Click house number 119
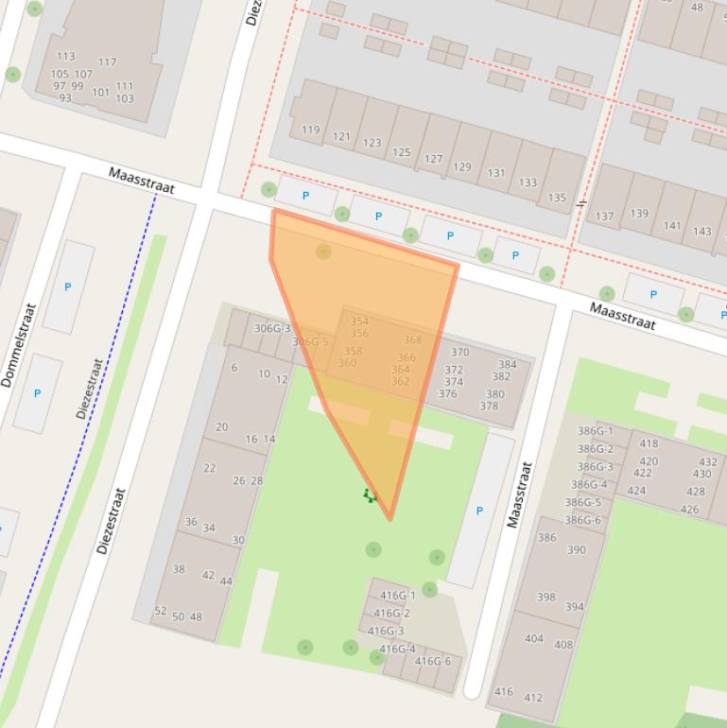click(x=310, y=130)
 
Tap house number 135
click(x=557, y=198)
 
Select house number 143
click(x=701, y=232)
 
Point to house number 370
click(x=459, y=353)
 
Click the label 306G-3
click(x=272, y=329)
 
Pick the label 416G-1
click(x=397, y=596)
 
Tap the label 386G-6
click(x=582, y=520)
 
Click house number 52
click(x=160, y=611)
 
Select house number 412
click(x=533, y=698)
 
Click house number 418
click(x=649, y=443)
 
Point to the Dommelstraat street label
click(x=19, y=345)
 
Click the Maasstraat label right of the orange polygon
click(x=622, y=316)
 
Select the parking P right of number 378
click(x=479, y=511)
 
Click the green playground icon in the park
click(x=370, y=495)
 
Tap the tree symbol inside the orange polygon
click(x=323, y=251)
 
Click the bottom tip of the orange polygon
click(x=389, y=518)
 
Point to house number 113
click(x=65, y=57)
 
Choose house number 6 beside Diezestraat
click(x=234, y=368)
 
